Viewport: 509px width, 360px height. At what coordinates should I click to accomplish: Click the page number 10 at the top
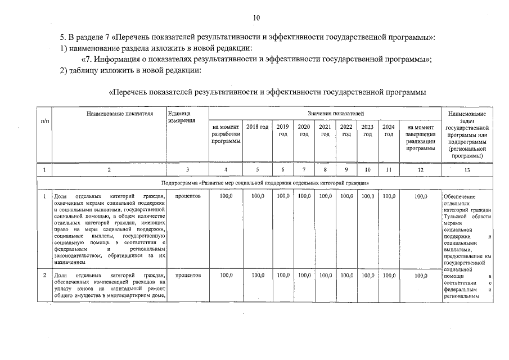(x=256, y=18)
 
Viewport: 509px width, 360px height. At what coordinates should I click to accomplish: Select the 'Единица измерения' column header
(x=181, y=117)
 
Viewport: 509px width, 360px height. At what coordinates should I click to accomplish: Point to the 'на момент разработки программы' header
(x=226, y=134)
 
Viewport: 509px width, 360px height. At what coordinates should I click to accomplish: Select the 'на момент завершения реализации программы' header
(x=421, y=137)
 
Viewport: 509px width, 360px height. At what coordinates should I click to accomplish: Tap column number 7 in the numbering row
(x=304, y=169)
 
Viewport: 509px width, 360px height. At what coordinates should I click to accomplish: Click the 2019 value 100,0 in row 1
(x=283, y=196)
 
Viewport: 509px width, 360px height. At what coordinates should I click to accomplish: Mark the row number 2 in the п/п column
(x=44, y=275)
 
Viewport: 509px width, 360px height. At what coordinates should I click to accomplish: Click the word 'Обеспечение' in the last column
(x=459, y=196)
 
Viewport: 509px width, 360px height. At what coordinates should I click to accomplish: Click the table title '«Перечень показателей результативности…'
(x=267, y=91)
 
